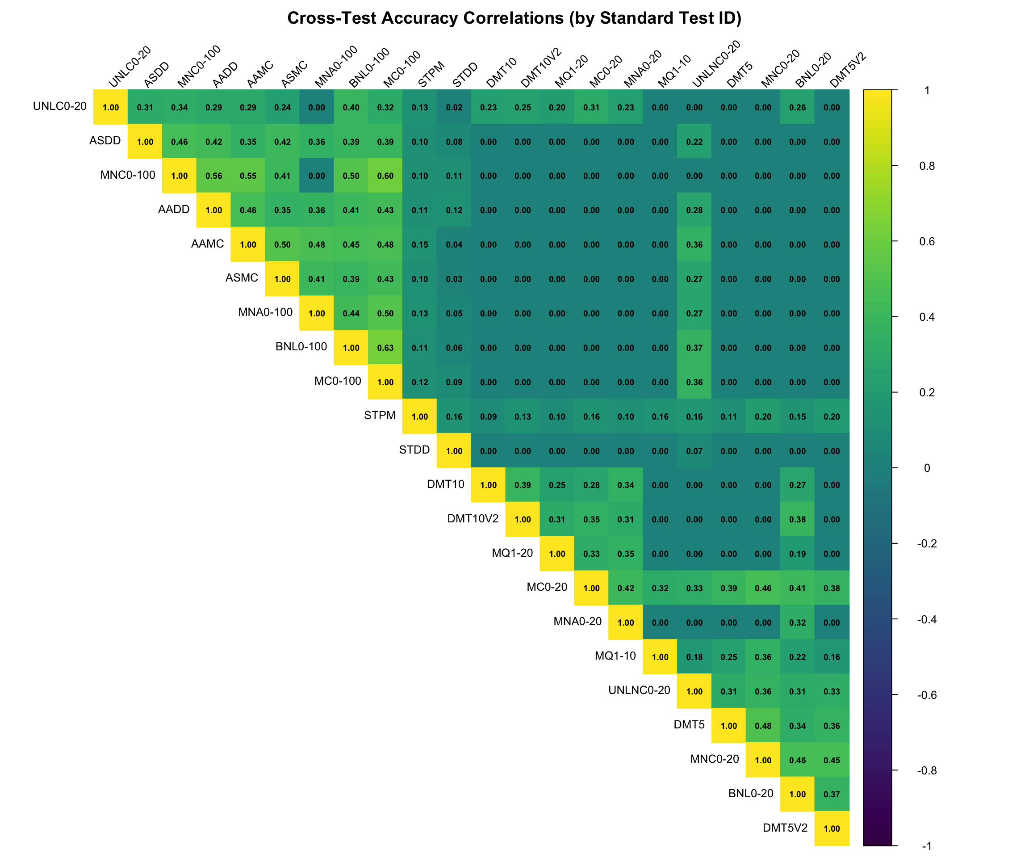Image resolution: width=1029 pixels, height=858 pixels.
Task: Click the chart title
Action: [514, 18]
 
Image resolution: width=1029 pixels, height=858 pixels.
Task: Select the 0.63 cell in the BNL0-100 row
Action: [385, 348]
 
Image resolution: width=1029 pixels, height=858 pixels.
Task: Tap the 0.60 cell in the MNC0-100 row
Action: [385, 176]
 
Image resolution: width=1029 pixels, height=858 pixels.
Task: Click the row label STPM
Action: [379, 415]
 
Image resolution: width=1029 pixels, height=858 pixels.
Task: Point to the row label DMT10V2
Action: [473, 518]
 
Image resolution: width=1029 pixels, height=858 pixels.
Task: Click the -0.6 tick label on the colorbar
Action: [927, 695]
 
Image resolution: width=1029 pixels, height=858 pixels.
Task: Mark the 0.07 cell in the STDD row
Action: [694, 450]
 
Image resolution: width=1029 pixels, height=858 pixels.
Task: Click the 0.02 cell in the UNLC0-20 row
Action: [454, 107]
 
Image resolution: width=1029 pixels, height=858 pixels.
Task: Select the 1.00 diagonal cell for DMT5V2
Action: [832, 829]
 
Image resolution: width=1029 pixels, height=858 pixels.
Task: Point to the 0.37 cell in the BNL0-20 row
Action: [832, 794]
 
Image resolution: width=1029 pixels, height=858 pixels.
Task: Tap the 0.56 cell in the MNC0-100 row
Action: [213, 176]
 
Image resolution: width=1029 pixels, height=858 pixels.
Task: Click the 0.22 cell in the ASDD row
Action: [694, 142]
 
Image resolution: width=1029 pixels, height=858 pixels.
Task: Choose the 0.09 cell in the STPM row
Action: [489, 416]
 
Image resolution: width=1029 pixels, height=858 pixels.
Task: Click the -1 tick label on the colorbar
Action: [927, 846]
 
